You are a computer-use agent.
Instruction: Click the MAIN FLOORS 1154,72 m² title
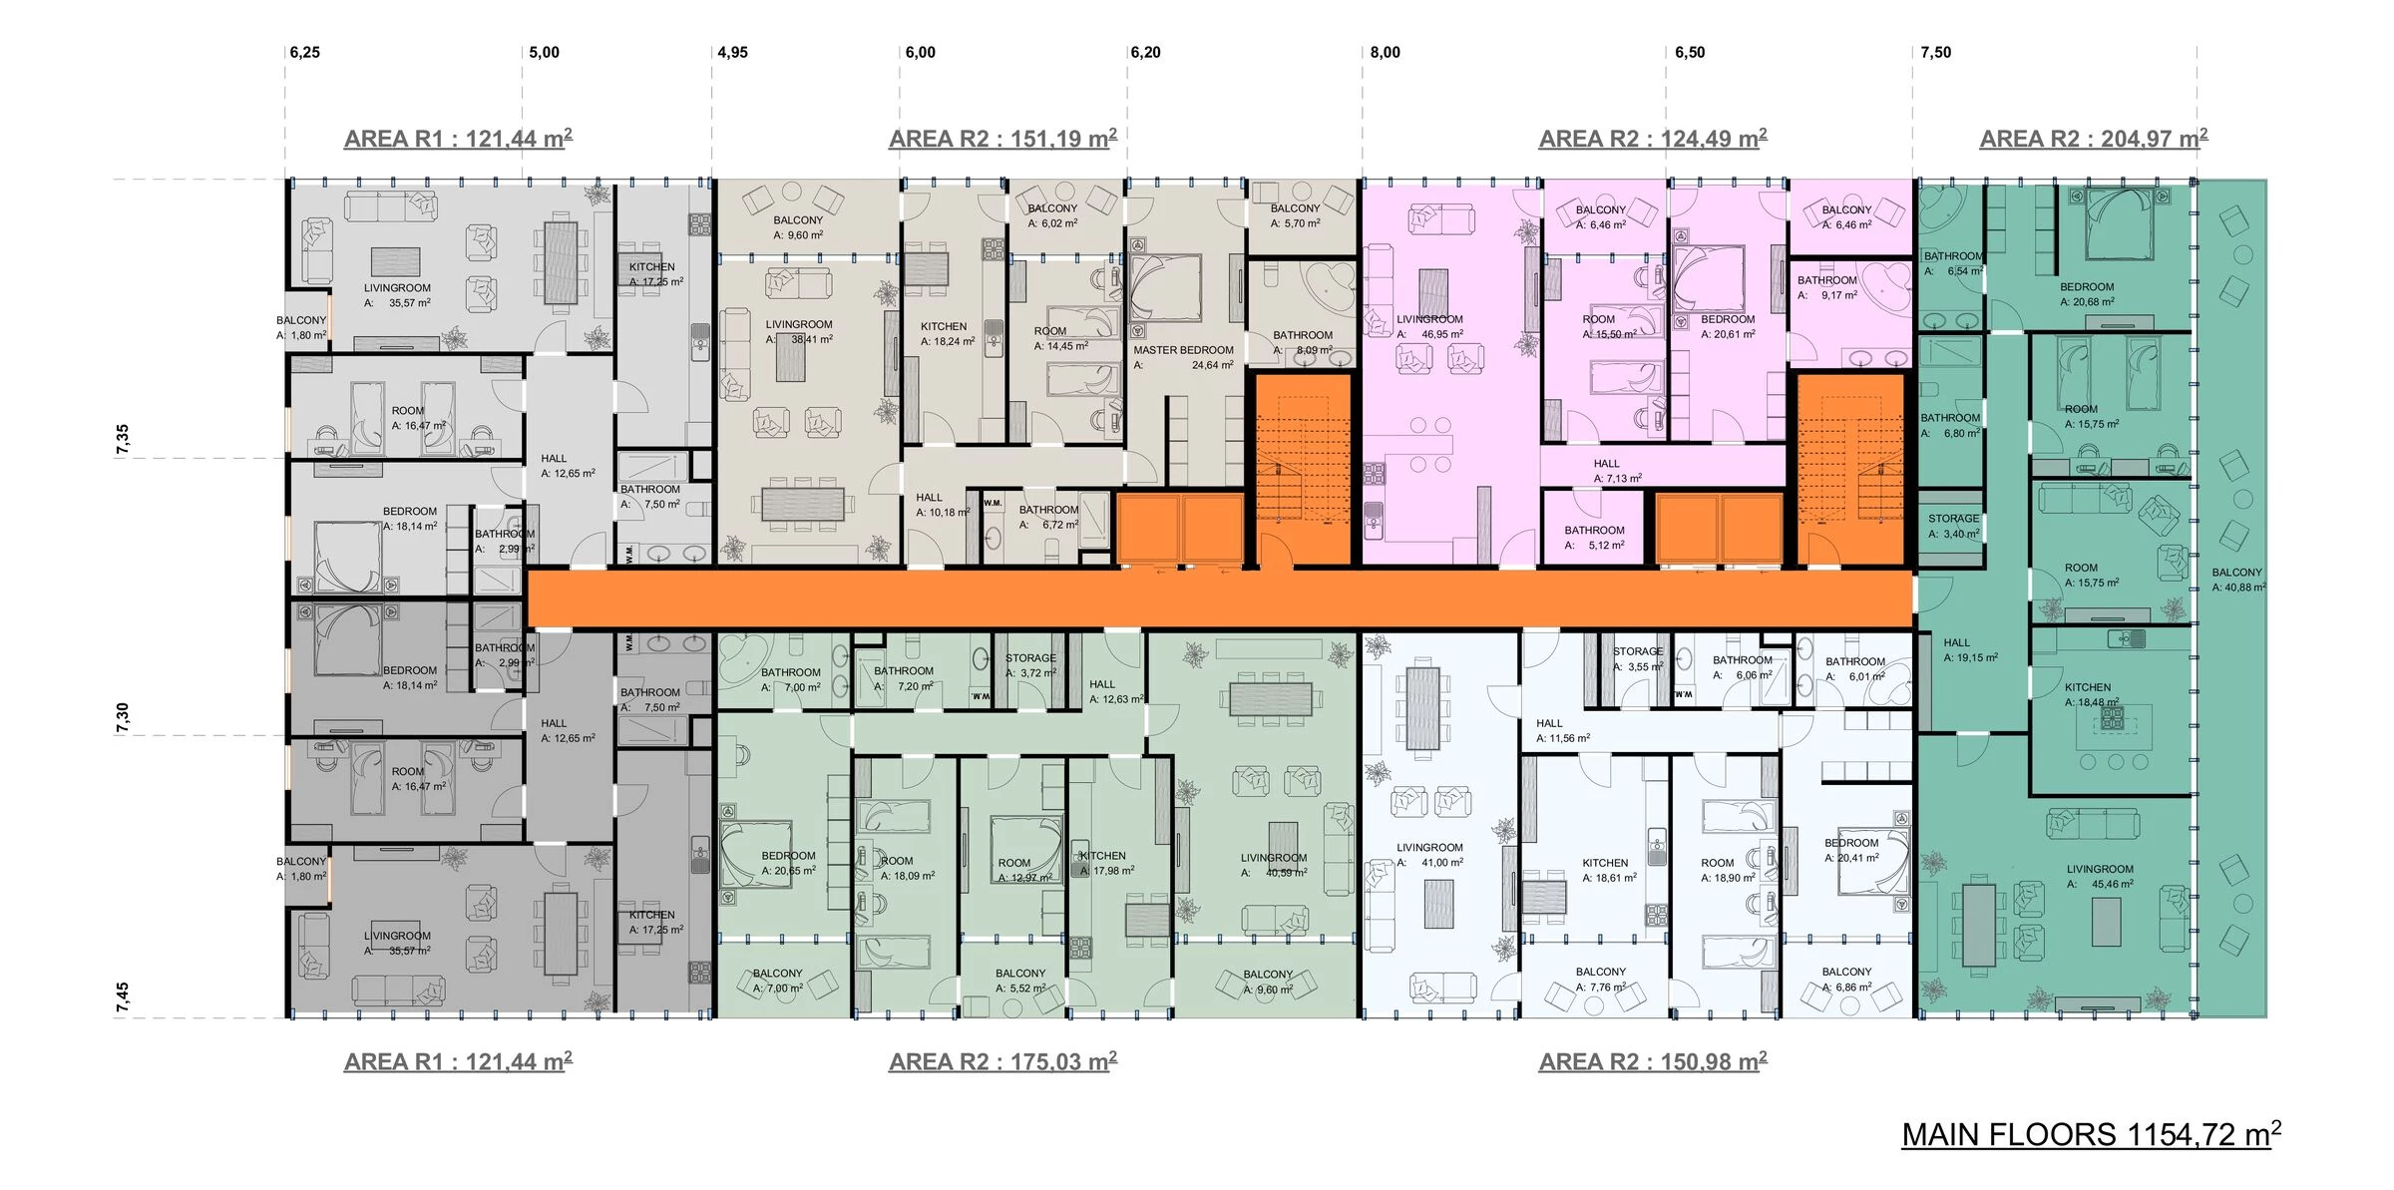pyautogui.click(x=2090, y=1135)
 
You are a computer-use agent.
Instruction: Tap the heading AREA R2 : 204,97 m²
pyautogui.click(x=2093, y=139)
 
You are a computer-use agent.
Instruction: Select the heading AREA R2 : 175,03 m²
pyautogui.click(x=1002, y=1061)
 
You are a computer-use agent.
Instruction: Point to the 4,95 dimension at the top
pyautogui.click(x=732, y=53)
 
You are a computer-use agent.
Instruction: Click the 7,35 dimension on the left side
pyautogui.click(x=123, y=439)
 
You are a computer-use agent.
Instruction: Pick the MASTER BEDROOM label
pyautogui.click(x=1183, y=351)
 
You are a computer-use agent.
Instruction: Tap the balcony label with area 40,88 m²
pyautogui.click(x=2237, y=580)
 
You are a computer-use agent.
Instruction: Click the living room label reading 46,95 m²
pyautogui.click(x=1429, y=327)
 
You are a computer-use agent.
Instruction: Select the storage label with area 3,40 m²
pyautogui.click(x=1953, y=526)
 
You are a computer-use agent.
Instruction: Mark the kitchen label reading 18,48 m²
pyautogui.click(x=2091, y=694)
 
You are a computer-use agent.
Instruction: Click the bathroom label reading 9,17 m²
pyautogui.click(x=1826, y=287)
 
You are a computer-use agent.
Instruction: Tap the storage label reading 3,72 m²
pyautogui.click(x=1030, y=665)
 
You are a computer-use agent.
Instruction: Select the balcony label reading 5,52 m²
pyautogui.click(x=1020, y=981)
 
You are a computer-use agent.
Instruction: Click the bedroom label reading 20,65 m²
pyautogui.click(x=788, y=863)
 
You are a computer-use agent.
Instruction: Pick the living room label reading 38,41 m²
pyautogui.click(x=799, y=331)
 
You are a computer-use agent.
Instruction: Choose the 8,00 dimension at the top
pyautogui.click(x=1385, y=53)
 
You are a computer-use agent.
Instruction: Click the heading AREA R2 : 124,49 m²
pyautogui.click(x=1652, y=139)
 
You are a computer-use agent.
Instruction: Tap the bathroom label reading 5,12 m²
pyautogui.click(x=1594, y=538)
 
